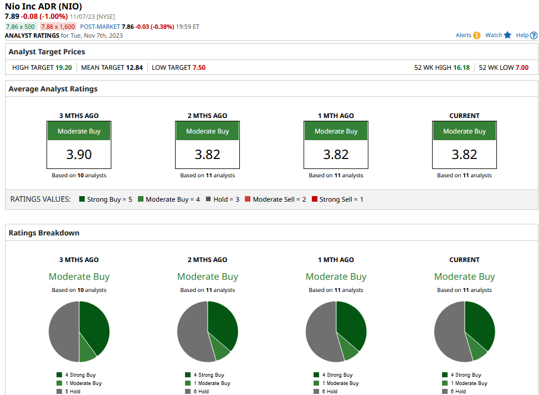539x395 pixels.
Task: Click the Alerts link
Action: (463, 35)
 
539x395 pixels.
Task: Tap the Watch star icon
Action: (507, 35)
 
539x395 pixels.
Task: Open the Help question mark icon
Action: (533, 35)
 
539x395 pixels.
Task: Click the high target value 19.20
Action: (64, 68)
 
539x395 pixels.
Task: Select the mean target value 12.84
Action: (135, 68)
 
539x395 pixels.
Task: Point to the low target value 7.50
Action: (199, 68)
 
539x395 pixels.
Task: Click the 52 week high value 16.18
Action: (461, 68)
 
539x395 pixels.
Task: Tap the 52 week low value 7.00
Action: (522, 68)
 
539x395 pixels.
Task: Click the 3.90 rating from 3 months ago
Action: (79, 155)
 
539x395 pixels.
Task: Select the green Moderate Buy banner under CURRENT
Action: (464, 131)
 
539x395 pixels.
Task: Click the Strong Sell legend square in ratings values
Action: (315, 199)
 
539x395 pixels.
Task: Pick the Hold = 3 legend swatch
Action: (208, 199)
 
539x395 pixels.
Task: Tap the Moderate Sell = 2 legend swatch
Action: (248, 199)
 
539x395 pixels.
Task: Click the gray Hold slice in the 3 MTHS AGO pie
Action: (64, 331)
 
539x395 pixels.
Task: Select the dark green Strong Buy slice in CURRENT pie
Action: (480, 323)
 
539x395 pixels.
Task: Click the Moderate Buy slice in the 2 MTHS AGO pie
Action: (219, 349)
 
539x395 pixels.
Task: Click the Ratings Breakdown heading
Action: (44, 233)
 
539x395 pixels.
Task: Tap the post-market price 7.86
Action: (127, 27)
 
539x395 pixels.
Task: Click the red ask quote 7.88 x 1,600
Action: (58, 27)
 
